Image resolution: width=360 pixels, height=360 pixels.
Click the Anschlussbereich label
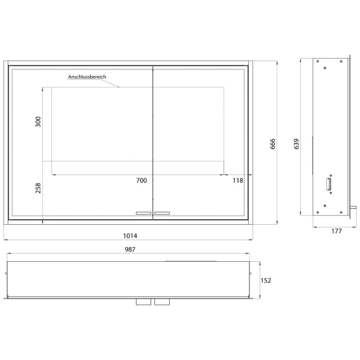(x=87, y=77)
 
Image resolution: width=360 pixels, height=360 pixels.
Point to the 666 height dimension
(x=273, y=144)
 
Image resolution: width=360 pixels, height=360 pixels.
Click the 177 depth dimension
(x=336, y=231)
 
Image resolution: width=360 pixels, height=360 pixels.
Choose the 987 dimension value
(x=130, y=249)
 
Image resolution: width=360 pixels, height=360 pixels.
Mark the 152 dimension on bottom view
(x=265, y=280)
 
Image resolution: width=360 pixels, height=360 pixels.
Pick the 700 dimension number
(x=141, y=181)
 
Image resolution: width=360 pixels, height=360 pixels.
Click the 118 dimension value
(x=237, y=181)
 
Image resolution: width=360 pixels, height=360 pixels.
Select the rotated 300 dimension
(x=38, y=122)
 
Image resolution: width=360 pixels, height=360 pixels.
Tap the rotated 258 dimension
(x=38, y=188)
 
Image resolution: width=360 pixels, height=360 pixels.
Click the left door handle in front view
(x=143, y=212)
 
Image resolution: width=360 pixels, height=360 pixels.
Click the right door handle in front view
(x=162, y=212)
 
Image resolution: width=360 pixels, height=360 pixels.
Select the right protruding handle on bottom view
(x=161, y=302)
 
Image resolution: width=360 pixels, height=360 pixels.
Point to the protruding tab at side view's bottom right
(x=353, y=208)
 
